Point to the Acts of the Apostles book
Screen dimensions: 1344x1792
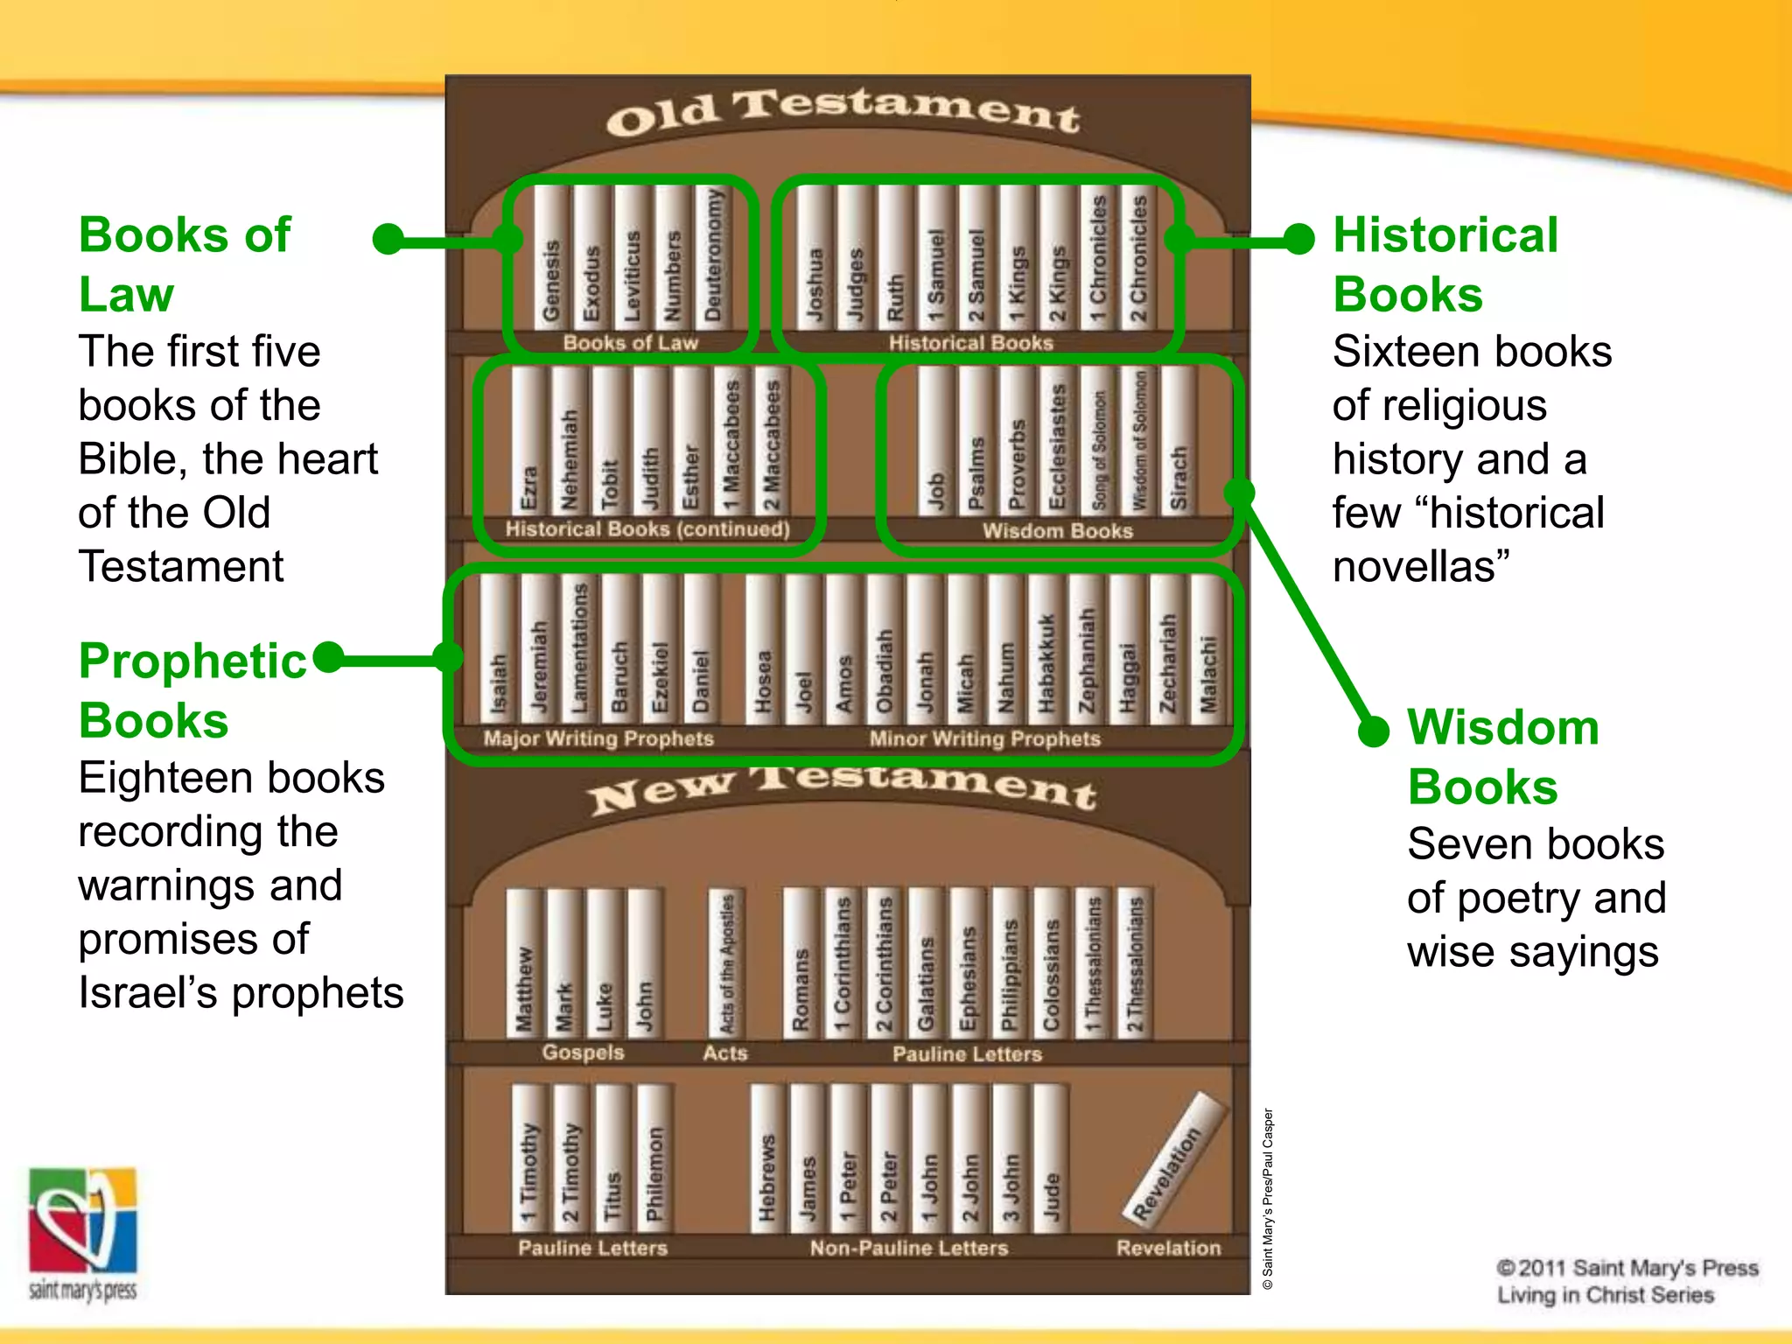pos(726,962)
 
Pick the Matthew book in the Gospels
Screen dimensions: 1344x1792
pos(524,962)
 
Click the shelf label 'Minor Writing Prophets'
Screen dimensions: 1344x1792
pos(984,739)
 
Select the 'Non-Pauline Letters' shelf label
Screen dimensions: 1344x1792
pos(908,1248)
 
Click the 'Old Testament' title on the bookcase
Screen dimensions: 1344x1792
pos(843,114)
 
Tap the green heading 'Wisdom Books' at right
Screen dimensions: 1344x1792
pos(1502,757)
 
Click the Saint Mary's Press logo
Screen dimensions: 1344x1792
pos(83,1234)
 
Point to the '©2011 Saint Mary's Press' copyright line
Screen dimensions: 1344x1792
pos(1627,1268)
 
